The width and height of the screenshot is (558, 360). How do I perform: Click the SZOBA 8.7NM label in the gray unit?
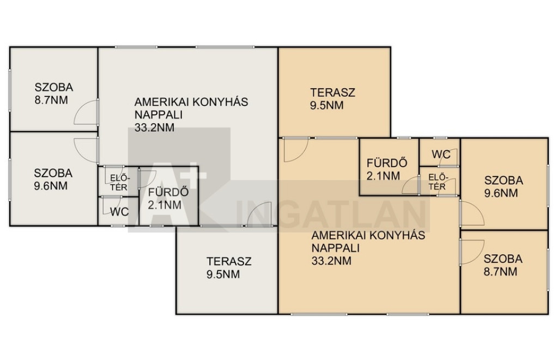click(x=54, y=94)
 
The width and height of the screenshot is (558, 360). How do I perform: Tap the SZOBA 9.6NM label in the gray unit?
click(x=53, y=180)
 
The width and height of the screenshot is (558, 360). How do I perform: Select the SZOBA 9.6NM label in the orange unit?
click(x=504, y=187)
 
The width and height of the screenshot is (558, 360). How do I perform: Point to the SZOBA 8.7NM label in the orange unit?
click(x=503, y=265)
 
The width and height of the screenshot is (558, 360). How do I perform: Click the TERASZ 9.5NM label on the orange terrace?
click(x=333, y=99)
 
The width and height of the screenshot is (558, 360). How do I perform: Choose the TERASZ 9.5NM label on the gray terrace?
click(x=229, y=268)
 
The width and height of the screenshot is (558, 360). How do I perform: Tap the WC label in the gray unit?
click(x=119, y=212)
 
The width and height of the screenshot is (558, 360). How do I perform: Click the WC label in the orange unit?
click(x=441, y=154)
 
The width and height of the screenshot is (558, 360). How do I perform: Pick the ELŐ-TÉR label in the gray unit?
click(x=119, y=182)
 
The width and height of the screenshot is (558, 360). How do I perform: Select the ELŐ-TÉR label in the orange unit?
click(x=437, y=181)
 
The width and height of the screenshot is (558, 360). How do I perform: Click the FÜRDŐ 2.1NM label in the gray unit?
click(x=168, y=199)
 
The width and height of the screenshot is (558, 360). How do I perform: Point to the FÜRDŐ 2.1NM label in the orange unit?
click(x=387, y=169)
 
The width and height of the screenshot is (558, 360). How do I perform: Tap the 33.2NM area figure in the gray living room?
click(x=154, y=127)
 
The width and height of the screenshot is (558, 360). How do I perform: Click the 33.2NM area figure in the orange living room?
click(x=331, y=261)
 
